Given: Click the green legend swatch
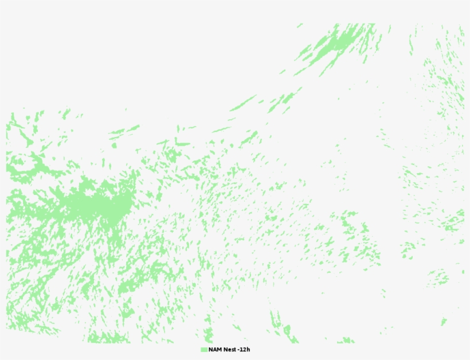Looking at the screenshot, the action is pos(203,350).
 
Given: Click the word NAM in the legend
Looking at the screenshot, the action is pos(214,350).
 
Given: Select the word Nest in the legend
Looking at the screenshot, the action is pos(229,350).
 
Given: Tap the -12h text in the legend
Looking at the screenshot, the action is pos(244,350).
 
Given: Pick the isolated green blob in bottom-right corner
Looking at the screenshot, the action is pos(443,321).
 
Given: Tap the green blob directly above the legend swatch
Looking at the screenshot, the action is pos(207,334).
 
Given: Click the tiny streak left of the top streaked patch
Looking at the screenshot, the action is pos(282,72).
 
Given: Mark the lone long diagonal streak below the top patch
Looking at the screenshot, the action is pos(243,103).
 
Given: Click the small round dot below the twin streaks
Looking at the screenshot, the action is pos(113,145).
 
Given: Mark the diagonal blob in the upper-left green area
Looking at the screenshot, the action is pos(26,138).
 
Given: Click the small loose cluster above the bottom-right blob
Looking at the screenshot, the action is pos(439,279).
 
